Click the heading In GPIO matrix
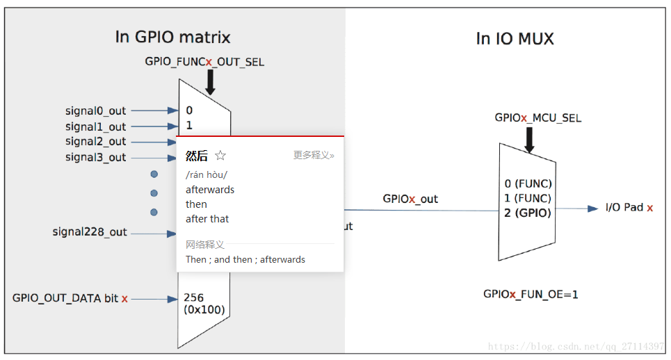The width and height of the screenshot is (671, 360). coord(172,38)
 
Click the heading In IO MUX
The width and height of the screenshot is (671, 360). coord(515,39)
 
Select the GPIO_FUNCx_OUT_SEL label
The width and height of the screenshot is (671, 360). coord(204,62)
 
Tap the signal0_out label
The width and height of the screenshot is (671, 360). coord(96,111)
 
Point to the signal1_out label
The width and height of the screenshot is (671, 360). coord(96,126)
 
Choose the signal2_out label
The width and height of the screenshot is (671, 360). coord(96,142)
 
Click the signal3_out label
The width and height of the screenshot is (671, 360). coord(96,157)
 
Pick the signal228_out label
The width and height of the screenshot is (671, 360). coord(90,232)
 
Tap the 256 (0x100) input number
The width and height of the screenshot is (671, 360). coord(204,304)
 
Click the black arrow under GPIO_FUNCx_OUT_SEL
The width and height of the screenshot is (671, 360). coord(210,82)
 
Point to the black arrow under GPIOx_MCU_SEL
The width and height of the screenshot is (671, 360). coord(528,140)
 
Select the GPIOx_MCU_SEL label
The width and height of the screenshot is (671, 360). coord(537,118)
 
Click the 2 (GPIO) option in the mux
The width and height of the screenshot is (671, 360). coord(528,213)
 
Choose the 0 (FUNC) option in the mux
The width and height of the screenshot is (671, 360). coord(528,183)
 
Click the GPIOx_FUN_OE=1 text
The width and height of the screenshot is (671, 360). coord(531,295)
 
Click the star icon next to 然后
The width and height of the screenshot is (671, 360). coord(220,156)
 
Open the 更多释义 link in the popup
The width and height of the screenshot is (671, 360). coord(313,156)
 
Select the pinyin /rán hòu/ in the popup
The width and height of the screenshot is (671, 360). coord(206,174)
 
